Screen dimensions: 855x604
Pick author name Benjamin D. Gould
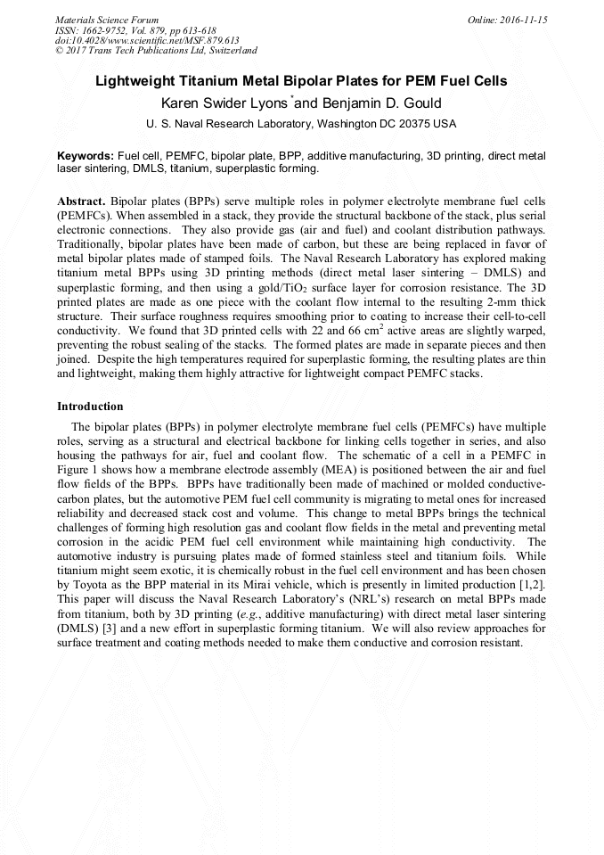tap(385, 103)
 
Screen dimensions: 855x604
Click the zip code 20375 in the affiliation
tap(413, 123)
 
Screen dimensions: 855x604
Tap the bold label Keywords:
tap(86, 155)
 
